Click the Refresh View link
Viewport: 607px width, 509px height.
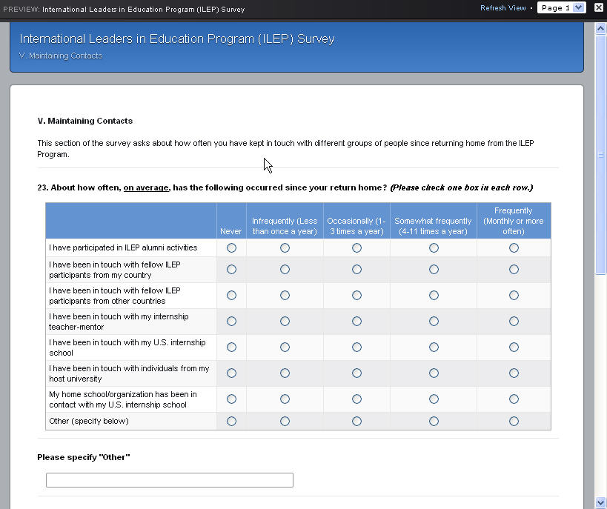[502, 8]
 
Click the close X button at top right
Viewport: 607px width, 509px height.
[599, 8]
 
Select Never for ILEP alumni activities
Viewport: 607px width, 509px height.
[231, 248]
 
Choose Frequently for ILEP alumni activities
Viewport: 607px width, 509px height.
[514, 248]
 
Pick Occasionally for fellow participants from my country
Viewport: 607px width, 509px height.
[356, 270]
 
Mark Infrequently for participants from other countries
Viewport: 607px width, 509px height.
[285, 296]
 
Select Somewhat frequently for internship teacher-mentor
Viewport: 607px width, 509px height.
[434, 322]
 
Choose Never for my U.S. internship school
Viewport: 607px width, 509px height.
[231, 347]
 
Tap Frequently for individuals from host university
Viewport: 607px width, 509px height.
[514, 373]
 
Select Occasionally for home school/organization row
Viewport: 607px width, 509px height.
[356, 399]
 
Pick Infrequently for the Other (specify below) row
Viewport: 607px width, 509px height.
[285, 422]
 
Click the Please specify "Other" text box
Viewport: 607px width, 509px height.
[170, 480]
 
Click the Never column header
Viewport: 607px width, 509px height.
[231, 231]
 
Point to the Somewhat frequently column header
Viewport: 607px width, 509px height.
[433, 226]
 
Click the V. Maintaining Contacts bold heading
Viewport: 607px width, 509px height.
[85, 121]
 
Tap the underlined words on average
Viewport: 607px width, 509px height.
[147, 187]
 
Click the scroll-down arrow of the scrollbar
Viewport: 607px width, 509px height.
[600, 502]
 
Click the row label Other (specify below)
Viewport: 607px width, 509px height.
[89, 422]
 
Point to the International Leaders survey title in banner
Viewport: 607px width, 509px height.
[177, 39]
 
